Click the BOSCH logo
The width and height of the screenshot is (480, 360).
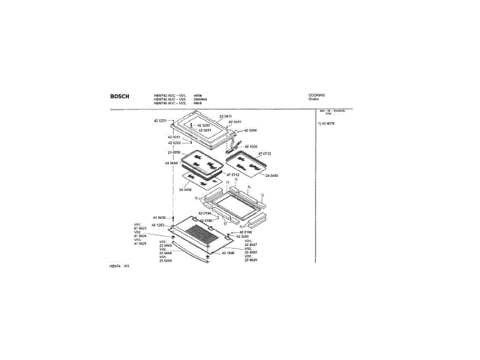pyautogui.click(x=118, y=96)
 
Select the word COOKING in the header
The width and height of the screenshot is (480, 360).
pyautogui.click(x=317, y=95)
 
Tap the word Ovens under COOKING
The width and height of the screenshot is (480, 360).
pyautogui.click(x=314, y=99)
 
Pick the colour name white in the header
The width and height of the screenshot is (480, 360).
pyautogui.click(x=198, y=95)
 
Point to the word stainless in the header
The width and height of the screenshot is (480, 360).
pyautogui.click(x=200, y=99)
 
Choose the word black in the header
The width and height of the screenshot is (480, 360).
pyautogui.click(x=198, y=103)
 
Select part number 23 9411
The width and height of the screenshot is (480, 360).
pyautogui.click(x=226, y=115)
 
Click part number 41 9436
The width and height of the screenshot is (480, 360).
pyautogui.click(x=159, y=217)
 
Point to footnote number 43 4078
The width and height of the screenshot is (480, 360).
pyautogui.click(x=328, y=122)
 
